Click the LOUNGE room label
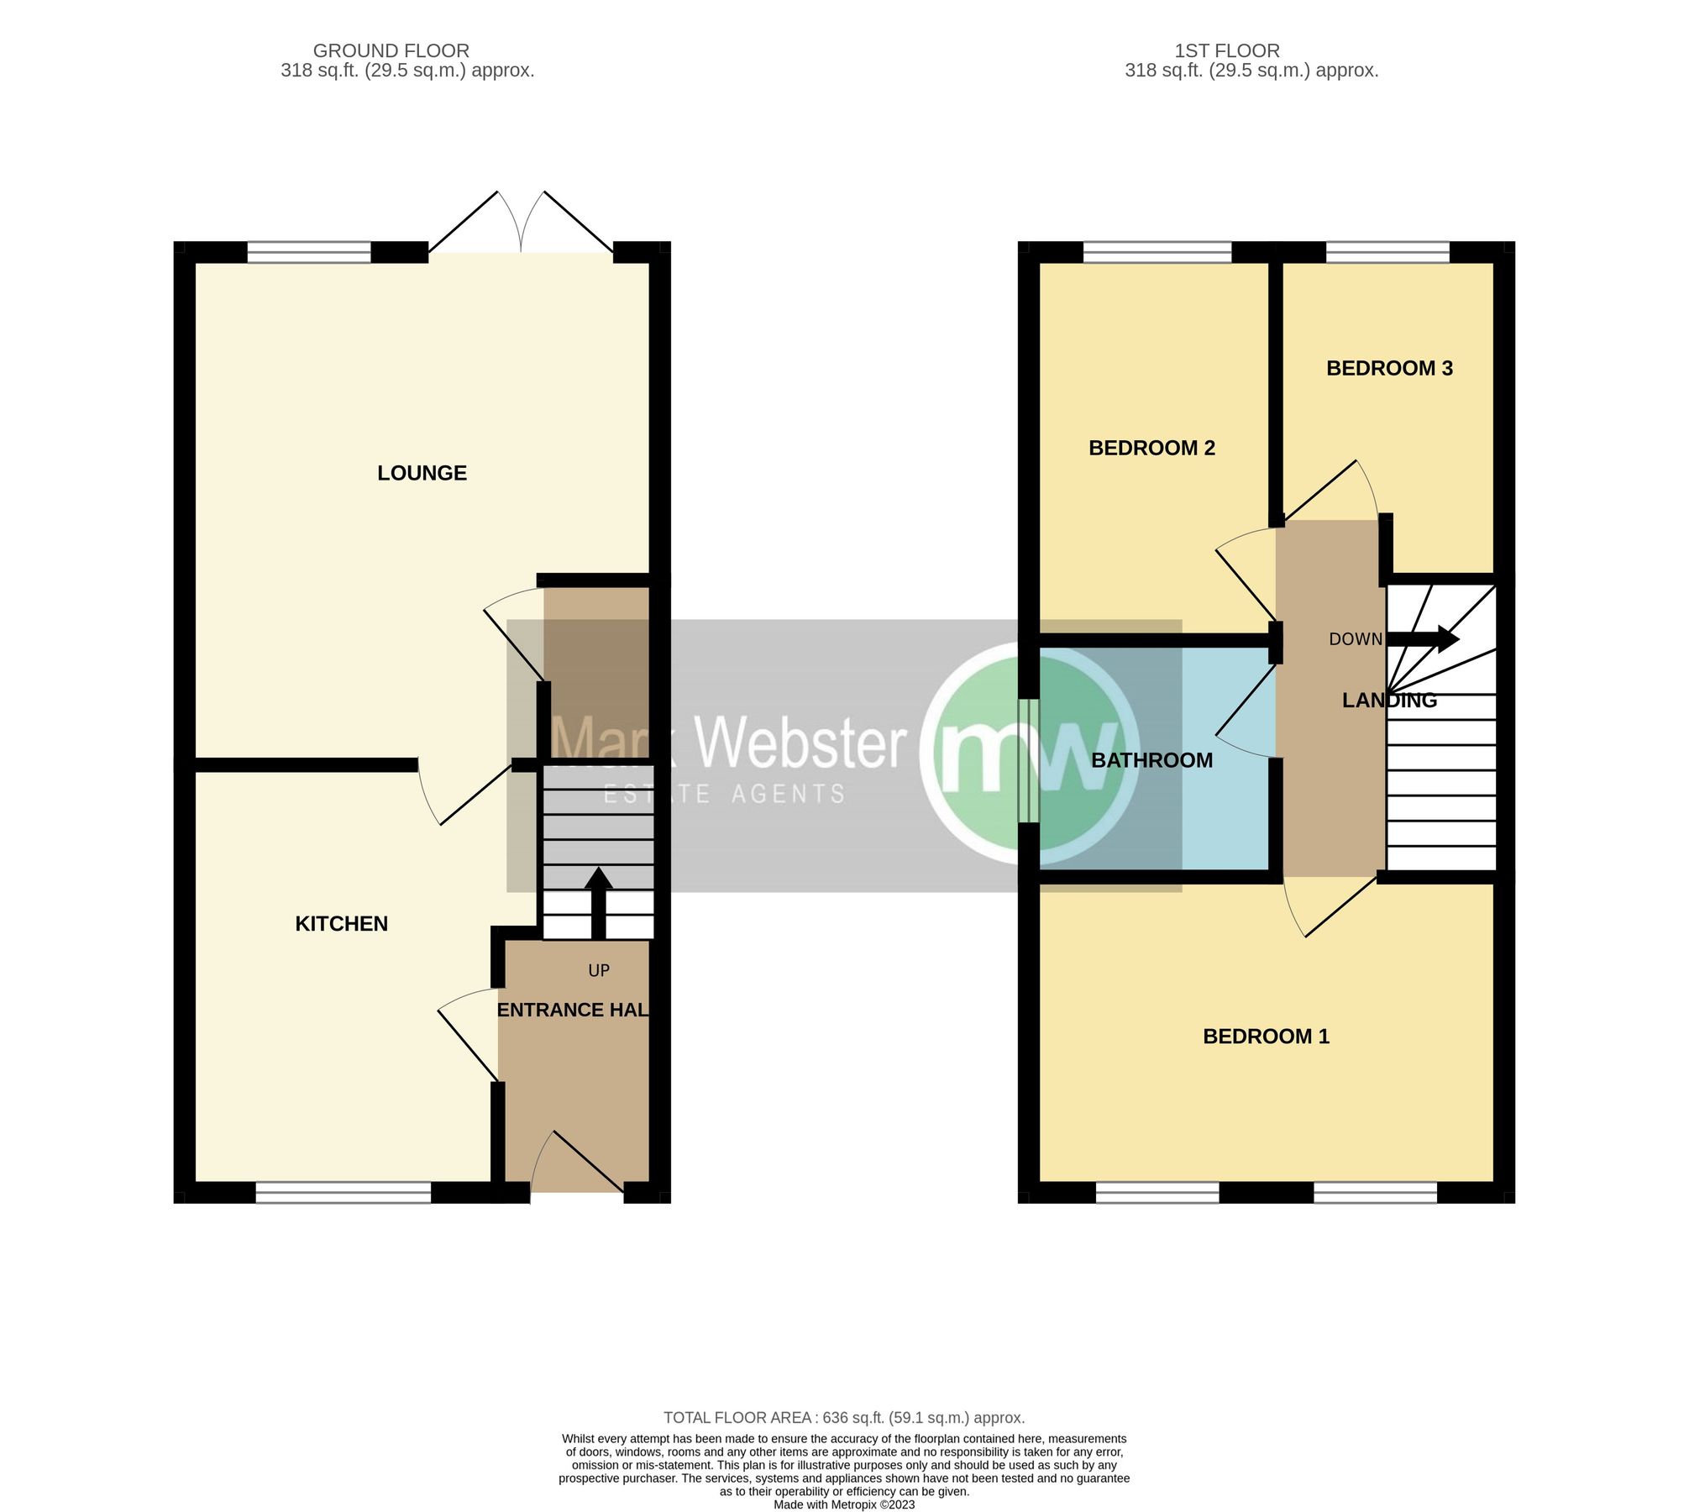[x=422, y=473]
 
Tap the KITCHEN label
[x=341, y=924]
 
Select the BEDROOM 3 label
[x=1389, y=368]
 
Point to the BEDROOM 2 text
[x=1151, y=448]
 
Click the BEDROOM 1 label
[x=1266, y=1037]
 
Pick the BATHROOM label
[x=1151, y=760]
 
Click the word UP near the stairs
[x=599, y=971]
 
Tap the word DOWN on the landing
[x=1355, y=639]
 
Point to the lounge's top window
[x=309, y=252]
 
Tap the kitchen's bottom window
[x=343, y=1193]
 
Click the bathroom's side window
[x=1028, y=760]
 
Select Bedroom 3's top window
[x=1387, y=252]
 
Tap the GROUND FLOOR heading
[x=391, y=51]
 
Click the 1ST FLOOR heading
[x=1227, y=51]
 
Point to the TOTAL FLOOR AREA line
[x=844, y=1418]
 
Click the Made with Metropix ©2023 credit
[x=844, y=1504]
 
